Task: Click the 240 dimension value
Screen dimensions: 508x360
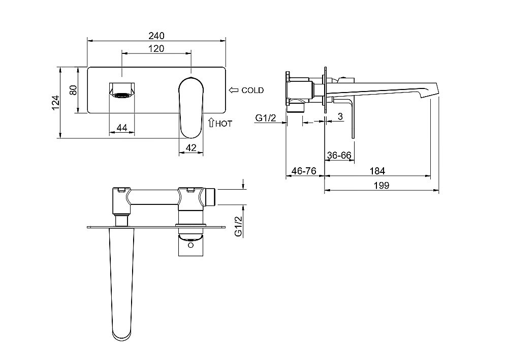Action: (x=156, y=36)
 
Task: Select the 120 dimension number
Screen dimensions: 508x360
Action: (x=156, y=49)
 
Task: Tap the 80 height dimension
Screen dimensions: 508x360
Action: (x=74, y=90)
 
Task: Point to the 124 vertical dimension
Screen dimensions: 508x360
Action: (x=56, y=102)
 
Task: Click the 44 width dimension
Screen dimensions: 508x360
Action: (x=122, y=128)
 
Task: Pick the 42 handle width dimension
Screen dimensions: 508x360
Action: (x=191, y=148)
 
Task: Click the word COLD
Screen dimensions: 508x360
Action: (x=252, y=91)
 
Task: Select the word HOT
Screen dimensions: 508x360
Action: (x=224, y=124)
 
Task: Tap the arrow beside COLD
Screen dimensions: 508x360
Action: (x=234, y=90)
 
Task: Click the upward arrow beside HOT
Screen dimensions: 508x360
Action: (x=211, y=123)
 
